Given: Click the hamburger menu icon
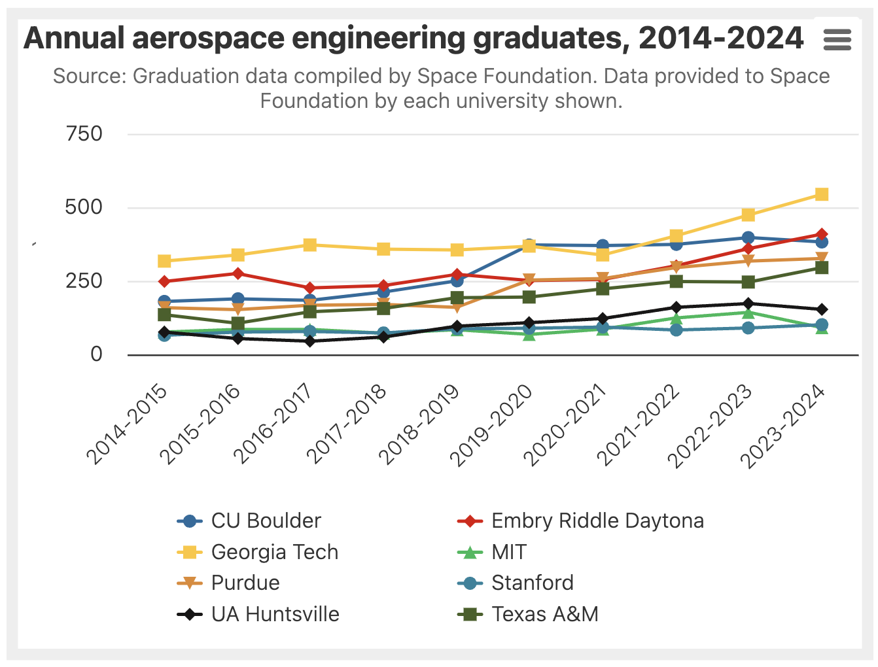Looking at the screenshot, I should tap(837, 40).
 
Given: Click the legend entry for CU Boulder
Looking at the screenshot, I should tap(266, 521).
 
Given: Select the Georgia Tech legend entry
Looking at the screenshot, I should tap(274, 552).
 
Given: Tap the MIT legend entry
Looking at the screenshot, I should tap(508, 552).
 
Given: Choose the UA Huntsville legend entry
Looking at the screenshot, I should tap(275, 614).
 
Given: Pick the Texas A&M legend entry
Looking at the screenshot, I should tap(544, 614).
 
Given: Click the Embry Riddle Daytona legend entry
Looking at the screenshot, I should tap(597, 521).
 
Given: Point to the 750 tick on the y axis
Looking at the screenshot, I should tap(84, 134).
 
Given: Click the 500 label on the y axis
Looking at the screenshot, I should tap(84, 207).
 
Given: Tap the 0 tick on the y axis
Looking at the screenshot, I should tap(96, 354).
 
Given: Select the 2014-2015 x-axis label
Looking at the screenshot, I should tap(128, 424).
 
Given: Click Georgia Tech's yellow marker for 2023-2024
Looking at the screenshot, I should tap(822, 194).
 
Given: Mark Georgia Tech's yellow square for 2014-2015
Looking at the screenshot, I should tap(164, 262).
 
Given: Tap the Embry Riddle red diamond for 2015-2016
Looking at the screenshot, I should tap(237, 273).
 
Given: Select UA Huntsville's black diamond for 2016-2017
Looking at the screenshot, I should tap(311, 341).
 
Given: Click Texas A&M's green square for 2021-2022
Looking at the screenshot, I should tap(676, 281).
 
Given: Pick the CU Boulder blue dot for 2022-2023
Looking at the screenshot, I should tap(748, 238).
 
